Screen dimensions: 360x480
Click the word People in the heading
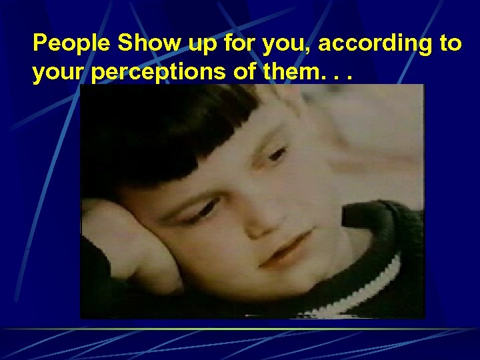pos(72,44)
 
